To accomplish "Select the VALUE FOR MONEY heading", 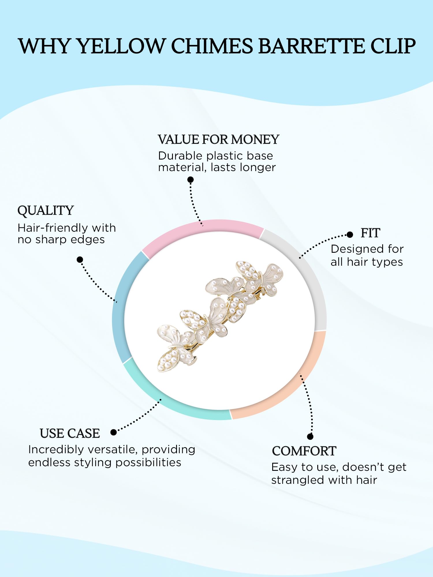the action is click(219, 140).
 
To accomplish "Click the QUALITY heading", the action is click(46, 211).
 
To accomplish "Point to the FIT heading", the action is click(370, 233).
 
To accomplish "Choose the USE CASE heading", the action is click(70, 434).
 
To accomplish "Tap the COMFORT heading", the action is click(304, 451).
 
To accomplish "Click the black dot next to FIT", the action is click(350, 235).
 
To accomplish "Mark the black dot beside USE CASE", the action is click(113, 432).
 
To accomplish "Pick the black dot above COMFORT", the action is click(310, 437).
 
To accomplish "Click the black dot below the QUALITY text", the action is click(80, 260).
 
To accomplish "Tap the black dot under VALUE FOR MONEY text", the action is click(191, 180).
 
